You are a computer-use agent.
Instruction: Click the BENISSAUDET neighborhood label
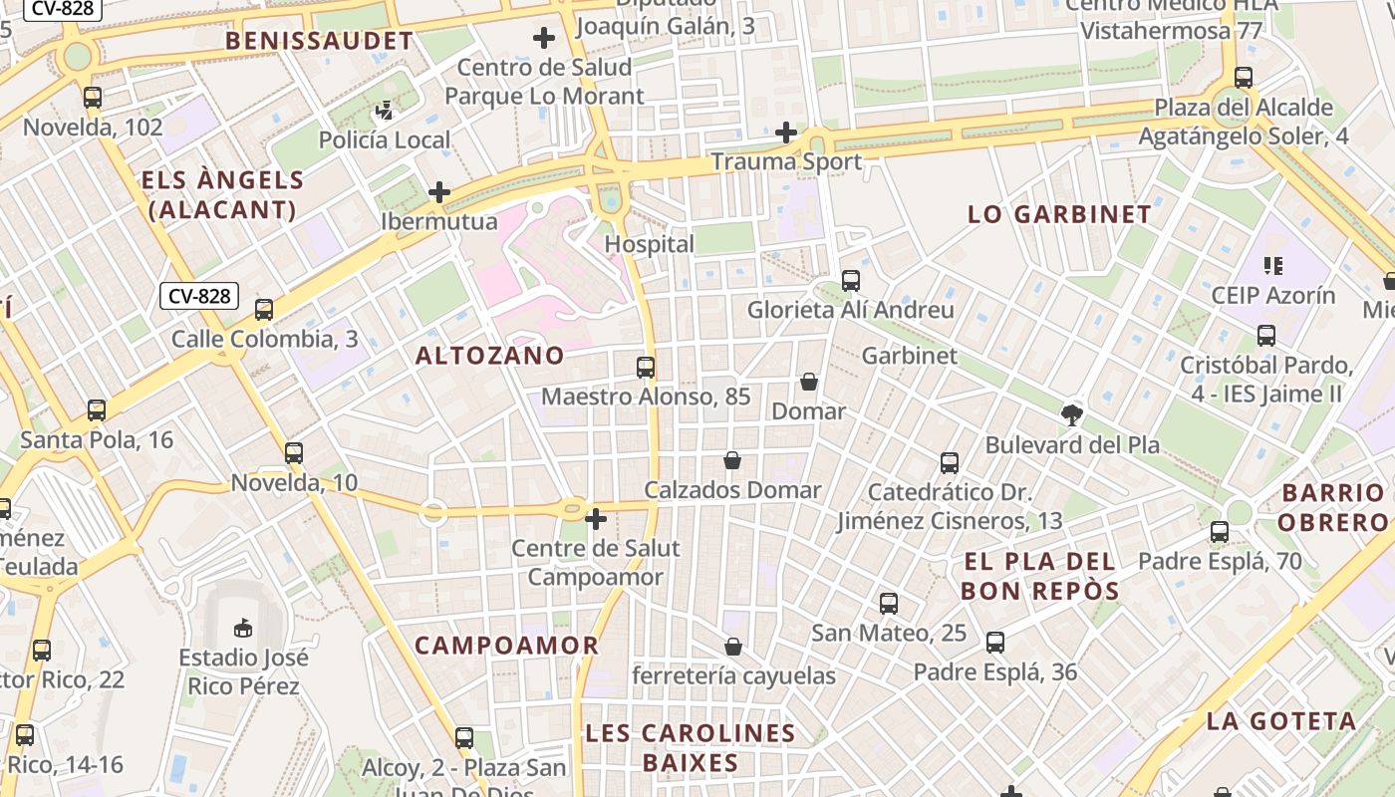tap(318, 41)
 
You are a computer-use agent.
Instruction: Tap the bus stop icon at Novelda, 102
tap(93, 98)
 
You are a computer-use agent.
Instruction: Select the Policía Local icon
tap(385, 110)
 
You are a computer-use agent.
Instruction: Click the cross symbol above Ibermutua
tap(438, 192)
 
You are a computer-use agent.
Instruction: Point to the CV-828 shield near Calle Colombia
tap(199, 296)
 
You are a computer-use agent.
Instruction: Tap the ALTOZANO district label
tap(489, 356)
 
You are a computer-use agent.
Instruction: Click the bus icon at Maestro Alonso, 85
tap(646, 367)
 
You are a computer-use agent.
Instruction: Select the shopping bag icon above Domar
tap(808, 382)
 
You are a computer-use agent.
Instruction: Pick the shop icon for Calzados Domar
tap(732, 460)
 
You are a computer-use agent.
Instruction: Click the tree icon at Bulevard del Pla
tap(1072, 414)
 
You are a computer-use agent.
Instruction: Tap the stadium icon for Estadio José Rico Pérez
tap(243, 628)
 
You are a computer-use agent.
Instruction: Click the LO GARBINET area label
tap(1059, 214)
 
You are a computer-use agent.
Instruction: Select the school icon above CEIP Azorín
tap(1272, 265)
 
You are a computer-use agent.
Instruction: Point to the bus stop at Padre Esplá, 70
tap(1220, 532)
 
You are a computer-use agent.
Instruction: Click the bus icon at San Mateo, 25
tap(889, 603)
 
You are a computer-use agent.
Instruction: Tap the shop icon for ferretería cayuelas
tap(733, 647)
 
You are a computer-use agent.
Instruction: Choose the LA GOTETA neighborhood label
tap(1281, 721)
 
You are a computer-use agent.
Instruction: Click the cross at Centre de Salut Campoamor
tap(596, 519)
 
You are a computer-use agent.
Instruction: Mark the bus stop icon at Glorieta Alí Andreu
tap(851, 281)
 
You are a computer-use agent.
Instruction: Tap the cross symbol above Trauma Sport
tap(786, 132)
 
